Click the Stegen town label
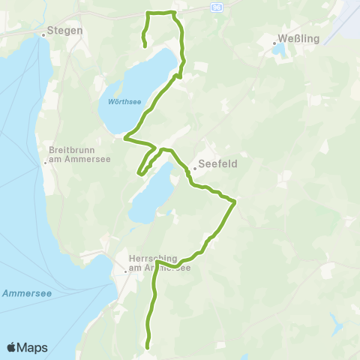(64, 31)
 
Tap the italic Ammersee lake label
(26, 293)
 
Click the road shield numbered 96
(217, 5)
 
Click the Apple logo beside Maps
(12, 347)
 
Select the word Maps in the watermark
(33, 347)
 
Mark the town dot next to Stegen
(43, 34)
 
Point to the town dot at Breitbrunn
(43, 157)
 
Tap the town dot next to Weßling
(274, 43)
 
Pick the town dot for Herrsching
(125, 271)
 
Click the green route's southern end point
(148, 347)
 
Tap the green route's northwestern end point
(145, 46)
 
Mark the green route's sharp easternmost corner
(235, 201)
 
